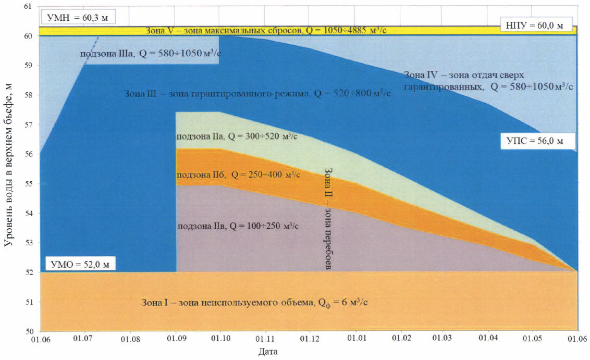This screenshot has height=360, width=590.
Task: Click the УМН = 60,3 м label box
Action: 77,18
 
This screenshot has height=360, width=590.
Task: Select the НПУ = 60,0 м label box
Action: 536,26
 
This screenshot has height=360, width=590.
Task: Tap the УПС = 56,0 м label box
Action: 535,141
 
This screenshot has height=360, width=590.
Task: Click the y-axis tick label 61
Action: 28,7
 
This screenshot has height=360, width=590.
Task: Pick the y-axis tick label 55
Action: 28,184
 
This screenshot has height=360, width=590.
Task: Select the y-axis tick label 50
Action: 28,331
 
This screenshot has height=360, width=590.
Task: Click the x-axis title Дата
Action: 268,352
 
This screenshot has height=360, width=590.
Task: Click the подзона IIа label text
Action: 237,136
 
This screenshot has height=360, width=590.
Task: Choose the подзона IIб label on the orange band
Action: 238,175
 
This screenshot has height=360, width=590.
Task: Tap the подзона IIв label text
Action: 238,226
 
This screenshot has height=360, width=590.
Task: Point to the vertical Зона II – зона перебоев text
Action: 328,218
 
